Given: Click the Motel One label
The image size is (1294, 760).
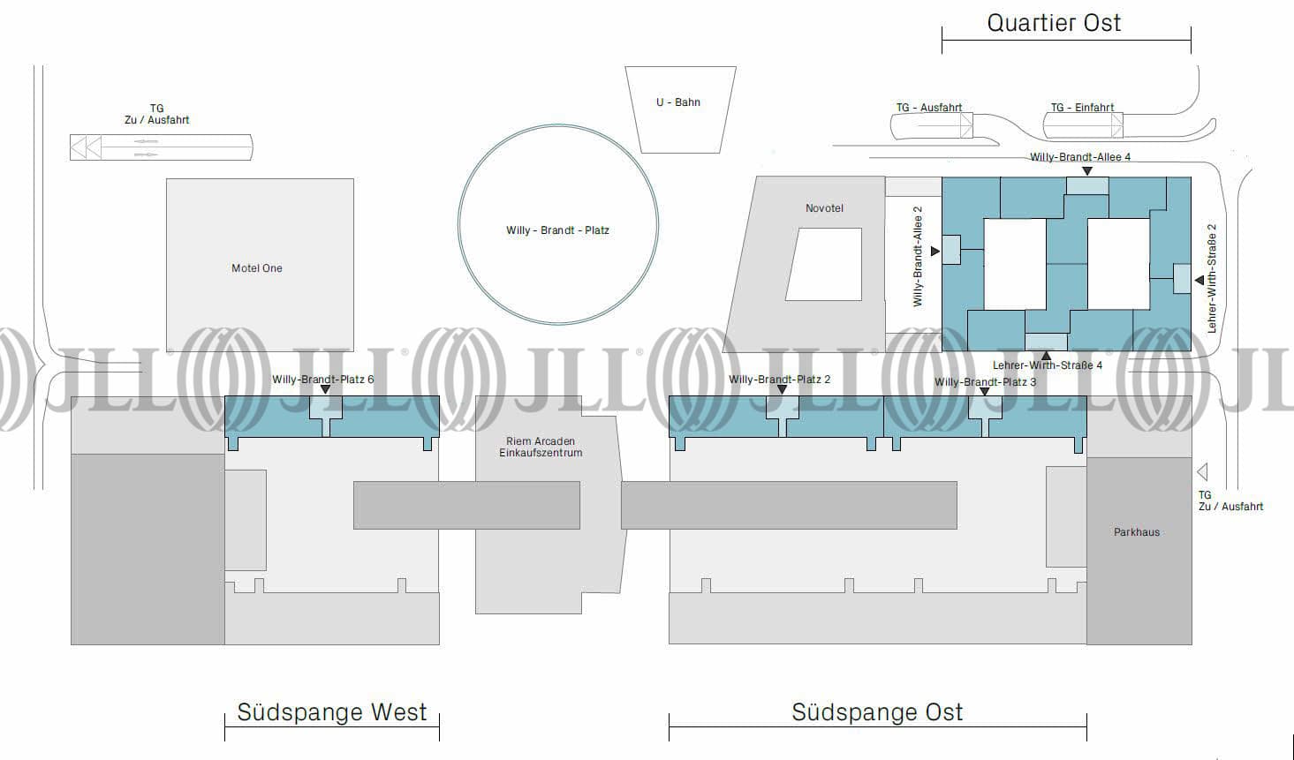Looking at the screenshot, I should (257, 268).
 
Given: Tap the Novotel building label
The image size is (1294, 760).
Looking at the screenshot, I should (824, 208).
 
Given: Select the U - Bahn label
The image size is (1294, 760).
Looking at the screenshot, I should (678, 102).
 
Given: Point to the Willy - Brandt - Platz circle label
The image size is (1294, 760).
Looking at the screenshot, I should (557, 230).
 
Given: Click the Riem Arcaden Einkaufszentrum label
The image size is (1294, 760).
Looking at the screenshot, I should (541, 447).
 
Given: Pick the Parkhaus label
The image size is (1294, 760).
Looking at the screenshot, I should (1137, 532).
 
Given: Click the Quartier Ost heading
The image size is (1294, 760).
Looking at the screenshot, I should (1054, 23).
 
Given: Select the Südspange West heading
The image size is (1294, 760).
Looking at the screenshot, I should (331, 712).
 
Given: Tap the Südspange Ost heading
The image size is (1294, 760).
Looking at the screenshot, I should (877, 712).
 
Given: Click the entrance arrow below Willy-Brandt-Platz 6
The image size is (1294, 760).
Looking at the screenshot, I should (325, 389).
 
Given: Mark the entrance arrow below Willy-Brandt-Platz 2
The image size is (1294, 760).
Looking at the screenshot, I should (782, 389).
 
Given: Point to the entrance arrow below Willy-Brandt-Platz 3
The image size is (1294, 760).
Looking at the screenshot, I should (985, 391).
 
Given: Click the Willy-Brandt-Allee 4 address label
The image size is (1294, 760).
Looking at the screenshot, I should (1080, 157).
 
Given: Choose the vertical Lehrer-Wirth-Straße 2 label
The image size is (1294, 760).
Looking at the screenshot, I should (1212, 278).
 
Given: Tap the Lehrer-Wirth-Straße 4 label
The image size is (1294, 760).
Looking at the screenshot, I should (1048, 365).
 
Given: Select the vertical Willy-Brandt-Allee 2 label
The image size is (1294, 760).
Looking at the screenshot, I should (918, 256).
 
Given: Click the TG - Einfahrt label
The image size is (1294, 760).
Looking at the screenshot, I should (1082, 108).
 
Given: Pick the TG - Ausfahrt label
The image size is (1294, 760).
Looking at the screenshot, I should (929, 108).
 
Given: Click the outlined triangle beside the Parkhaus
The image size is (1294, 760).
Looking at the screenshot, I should (1201, 472).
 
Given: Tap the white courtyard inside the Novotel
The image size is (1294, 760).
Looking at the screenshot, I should (824, 264).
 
